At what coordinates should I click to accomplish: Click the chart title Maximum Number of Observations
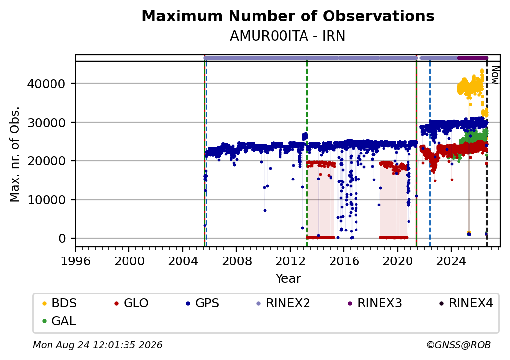(288, 16)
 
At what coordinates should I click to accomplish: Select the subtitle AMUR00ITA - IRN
(287, 36)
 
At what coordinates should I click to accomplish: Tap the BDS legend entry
(59, 303)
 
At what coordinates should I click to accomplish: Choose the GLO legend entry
(131, 303)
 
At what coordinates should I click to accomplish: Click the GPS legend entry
(203, 303)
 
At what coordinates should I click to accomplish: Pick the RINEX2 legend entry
(283, 303)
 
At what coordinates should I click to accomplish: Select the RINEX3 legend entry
(375, 303)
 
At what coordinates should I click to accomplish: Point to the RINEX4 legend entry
(466, 303)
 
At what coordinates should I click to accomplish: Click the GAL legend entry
(59, 321)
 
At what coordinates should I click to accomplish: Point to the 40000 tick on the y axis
(46, 84)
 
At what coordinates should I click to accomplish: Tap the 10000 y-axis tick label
(46, 200)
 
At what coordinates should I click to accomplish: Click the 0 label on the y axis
(62, 238)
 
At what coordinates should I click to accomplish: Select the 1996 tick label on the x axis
(76, 261)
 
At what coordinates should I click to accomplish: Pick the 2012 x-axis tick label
(290, 261)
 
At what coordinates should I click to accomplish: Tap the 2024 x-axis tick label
(451, 261)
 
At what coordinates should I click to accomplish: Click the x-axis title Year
(288, 279)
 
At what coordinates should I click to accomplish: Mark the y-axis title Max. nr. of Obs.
(15, 154)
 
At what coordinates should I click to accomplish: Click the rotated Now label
(495, 75)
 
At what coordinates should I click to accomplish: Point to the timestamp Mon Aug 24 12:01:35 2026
(98, 345)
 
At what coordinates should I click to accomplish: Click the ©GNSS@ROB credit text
(459, 345)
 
